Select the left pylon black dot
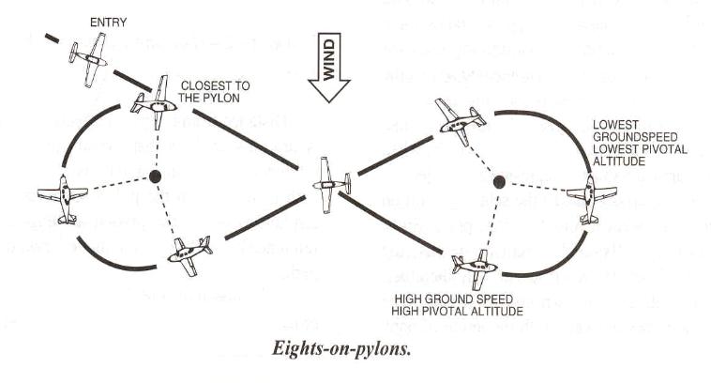[x=156, y=176]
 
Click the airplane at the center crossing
[x=328, y=183]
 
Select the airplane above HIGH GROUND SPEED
[x=474, y=266]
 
